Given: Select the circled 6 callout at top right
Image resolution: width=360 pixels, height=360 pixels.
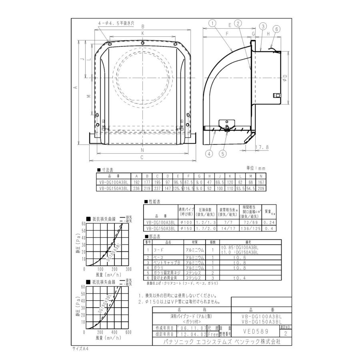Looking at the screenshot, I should pyautogui.click(x=278, y=29).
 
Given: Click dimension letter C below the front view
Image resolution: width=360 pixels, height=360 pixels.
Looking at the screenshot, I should pyautogui.click(x=142, y=157).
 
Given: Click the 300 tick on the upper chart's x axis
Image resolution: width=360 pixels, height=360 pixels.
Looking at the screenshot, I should pyautogui.click(x=128, y=269).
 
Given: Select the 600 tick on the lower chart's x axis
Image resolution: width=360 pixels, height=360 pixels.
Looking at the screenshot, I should pyautogui.click(x=128, y=332).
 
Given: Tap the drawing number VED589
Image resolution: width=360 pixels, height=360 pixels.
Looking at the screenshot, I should pyautogui.click(x=255, y=331).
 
